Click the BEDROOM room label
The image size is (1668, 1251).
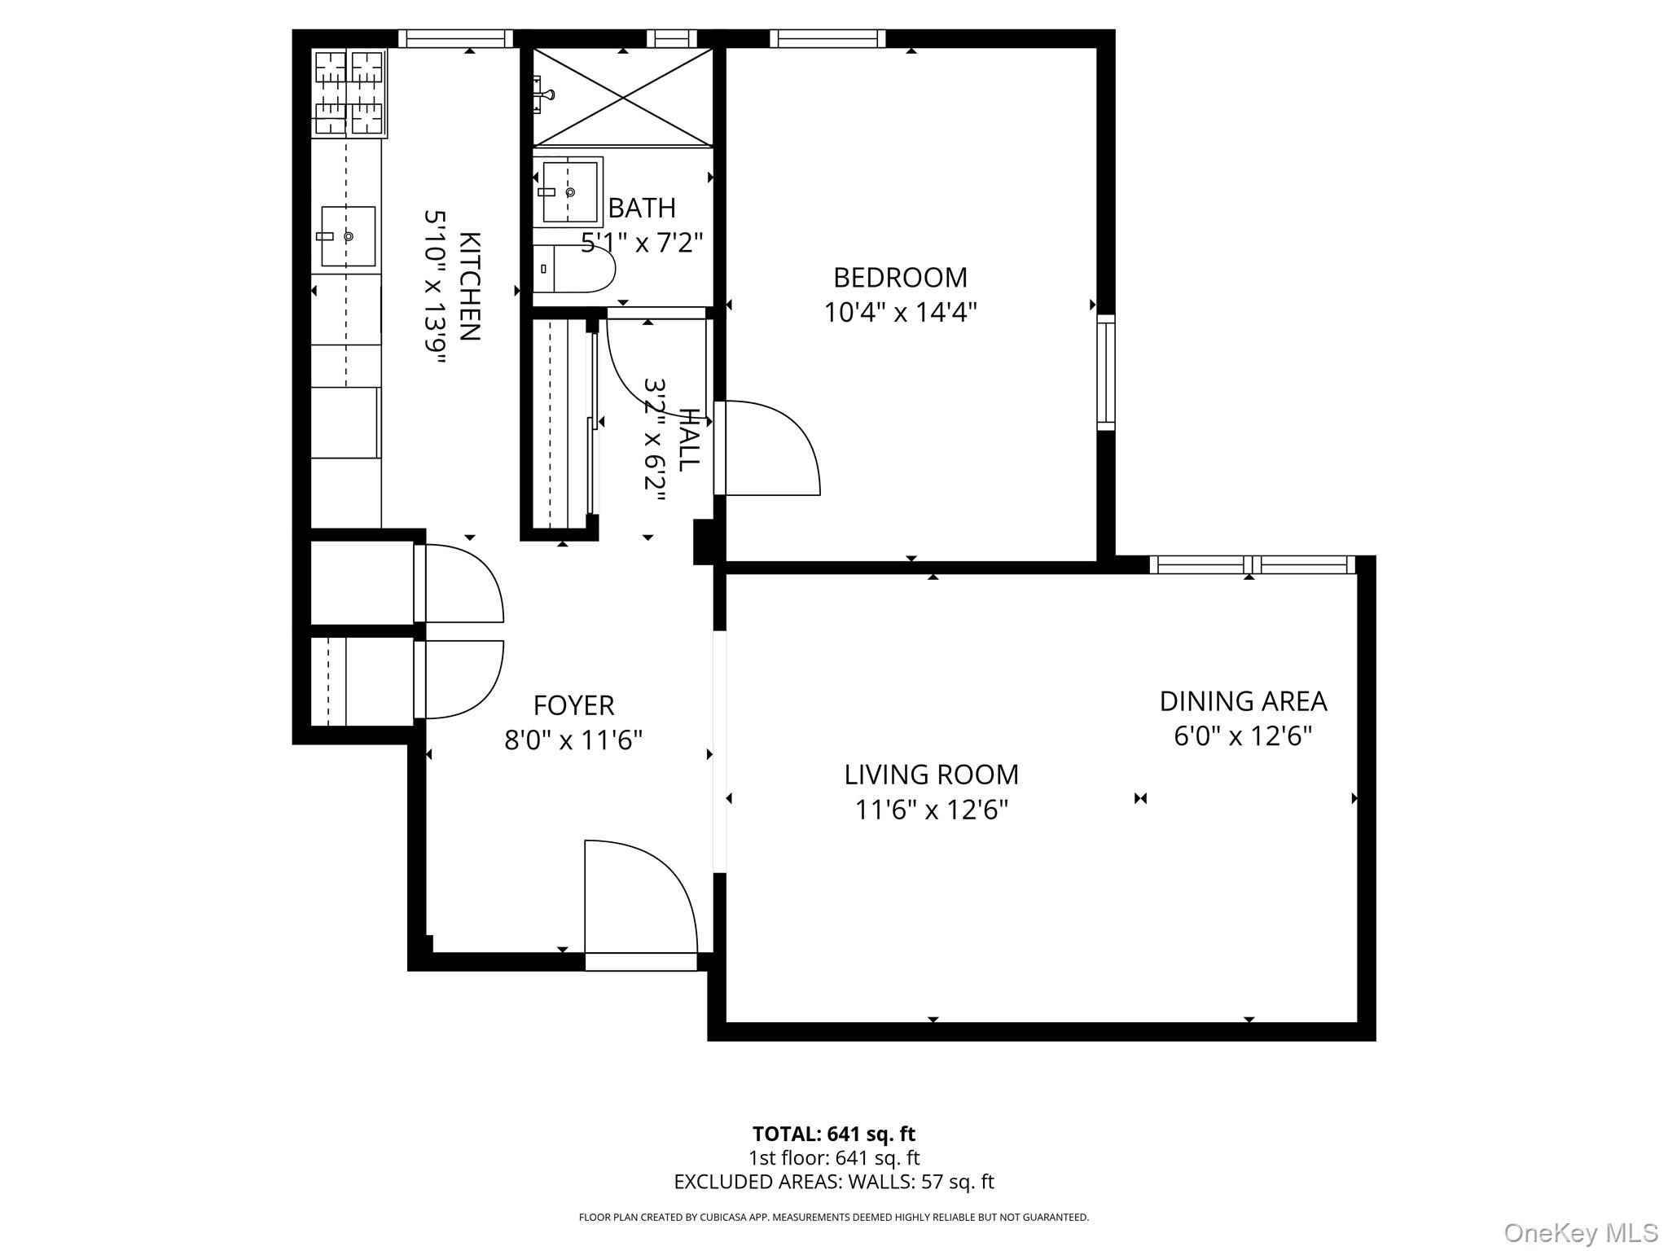pyautogui.click(x=900, y=278)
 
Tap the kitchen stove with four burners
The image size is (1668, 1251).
pyautogui.click(x=349, y=93)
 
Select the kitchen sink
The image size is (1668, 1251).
pyautogui.click(x=348, y=236)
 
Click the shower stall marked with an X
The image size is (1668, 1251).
pyautogui.click(x=623, y=98)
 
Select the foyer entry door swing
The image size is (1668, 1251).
pyautogui.click(x=639, y=896)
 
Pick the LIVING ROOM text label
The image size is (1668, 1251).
pyautogui.click(x=931, y=775)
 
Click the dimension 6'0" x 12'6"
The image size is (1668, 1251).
pyautogui.click(x=1243, y=736)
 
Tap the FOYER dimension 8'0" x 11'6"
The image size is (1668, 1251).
pyautogui.click(x=573, y=740)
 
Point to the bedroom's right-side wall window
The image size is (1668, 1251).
pyautogui.click(x=1105, y=372)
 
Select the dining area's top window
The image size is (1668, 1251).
pyautogui.click(x=1252, y=564)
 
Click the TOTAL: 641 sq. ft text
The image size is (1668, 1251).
pyautogui.click(x=833, y=1134)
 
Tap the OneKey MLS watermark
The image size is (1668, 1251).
pyautogui.click(x=1580, y=1232)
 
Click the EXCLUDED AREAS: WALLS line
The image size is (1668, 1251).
pyautogui.click(x=833, y=1182)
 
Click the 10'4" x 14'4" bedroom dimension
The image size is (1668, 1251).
pyautogui.click(x=900, y=313)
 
